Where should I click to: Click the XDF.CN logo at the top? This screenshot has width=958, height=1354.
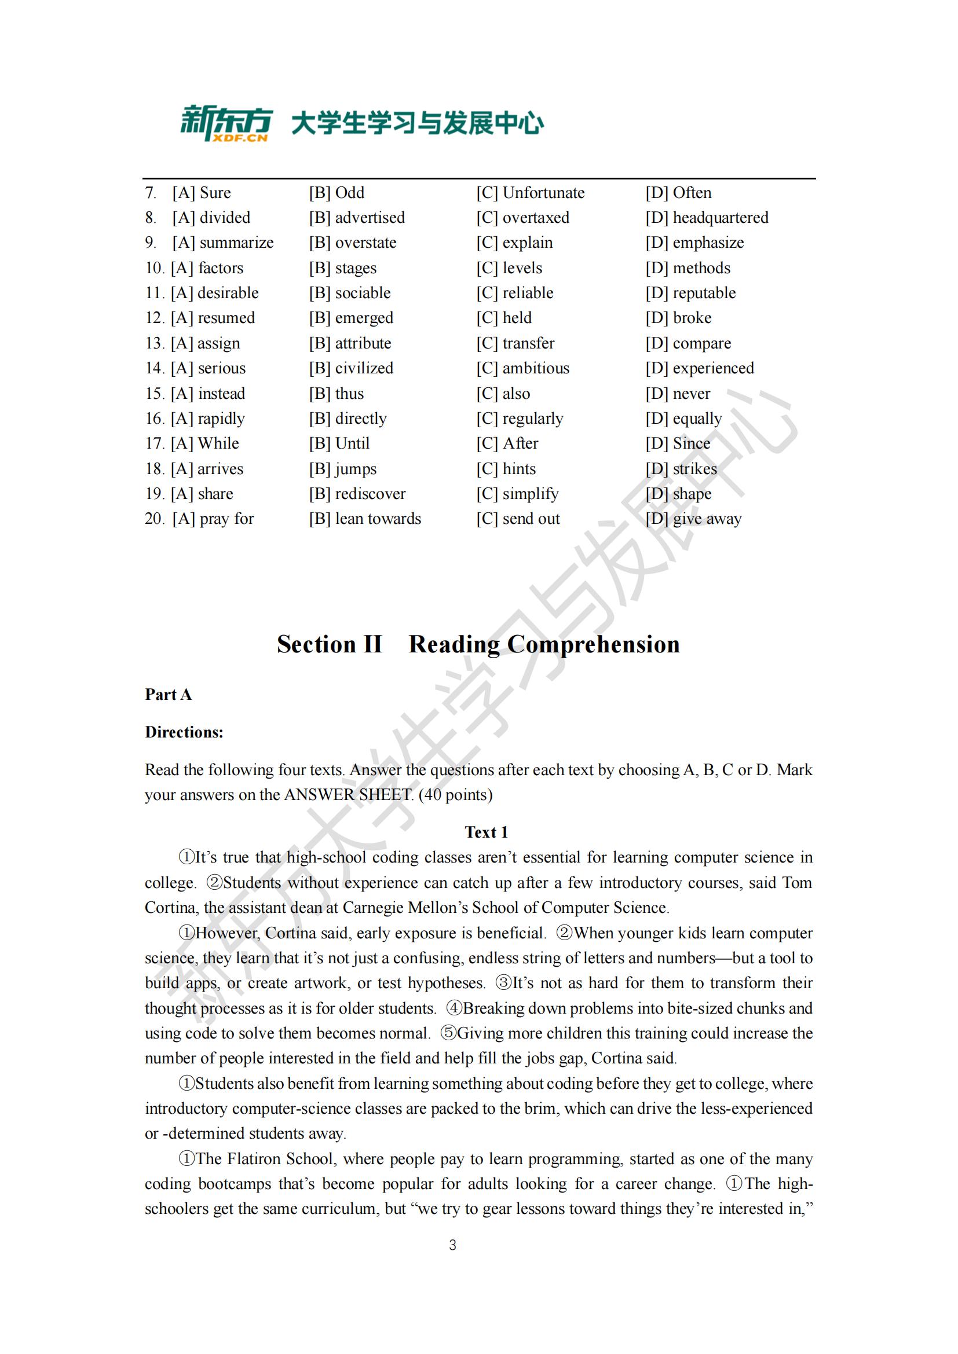tap(226, 124)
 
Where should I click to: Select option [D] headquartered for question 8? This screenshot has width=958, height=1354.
tap(707, 218)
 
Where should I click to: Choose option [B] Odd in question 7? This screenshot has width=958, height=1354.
tap(337, 193)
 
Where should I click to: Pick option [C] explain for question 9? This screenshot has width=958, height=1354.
tap(514, 243)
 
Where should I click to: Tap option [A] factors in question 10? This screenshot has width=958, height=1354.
tap(206, 269)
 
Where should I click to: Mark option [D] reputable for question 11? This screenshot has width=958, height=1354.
tap(690, 293)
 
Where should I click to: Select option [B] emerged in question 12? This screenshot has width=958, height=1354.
tap(351, 318)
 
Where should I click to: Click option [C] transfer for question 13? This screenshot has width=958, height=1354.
tap(515, 343)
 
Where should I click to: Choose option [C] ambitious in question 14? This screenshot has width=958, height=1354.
tap(522, 369)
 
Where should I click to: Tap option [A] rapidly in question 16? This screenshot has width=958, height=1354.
tap(208, 419)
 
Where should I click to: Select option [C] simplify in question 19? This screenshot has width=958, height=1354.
tap(517, 494)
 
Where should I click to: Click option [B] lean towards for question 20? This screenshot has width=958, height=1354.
tap(364, 519)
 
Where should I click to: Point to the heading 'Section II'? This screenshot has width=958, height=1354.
tap(330, 644)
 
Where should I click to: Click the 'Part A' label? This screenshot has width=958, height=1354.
tap(168, 695)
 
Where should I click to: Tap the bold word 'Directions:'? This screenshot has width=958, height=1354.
tap(184, 732)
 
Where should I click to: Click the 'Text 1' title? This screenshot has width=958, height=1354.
tap(486, 832)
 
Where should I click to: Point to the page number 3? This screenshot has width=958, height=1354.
tap(452, 1245)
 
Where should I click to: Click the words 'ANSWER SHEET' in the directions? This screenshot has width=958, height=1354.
tap(348, 795)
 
